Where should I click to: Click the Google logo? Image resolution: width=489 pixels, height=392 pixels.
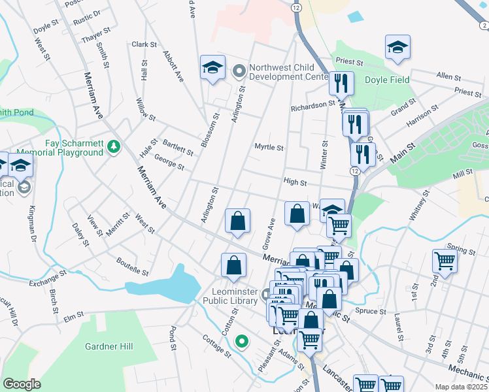tap(22, 384)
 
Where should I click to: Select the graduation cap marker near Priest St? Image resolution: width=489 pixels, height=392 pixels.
tap(396, 49)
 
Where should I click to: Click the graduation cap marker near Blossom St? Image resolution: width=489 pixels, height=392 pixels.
tap(212, 69)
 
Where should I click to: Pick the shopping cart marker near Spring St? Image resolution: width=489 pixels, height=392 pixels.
tap(445, 261)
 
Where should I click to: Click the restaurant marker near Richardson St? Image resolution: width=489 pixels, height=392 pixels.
tap(341, 83)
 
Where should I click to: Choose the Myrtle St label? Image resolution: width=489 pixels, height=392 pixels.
tap(269, 148)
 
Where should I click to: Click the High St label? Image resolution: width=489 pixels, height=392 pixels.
tap(295, 182)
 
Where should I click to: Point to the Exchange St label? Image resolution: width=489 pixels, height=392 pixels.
tap(48, 279)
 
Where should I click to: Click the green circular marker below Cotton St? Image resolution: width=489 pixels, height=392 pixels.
tap(242, 340)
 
